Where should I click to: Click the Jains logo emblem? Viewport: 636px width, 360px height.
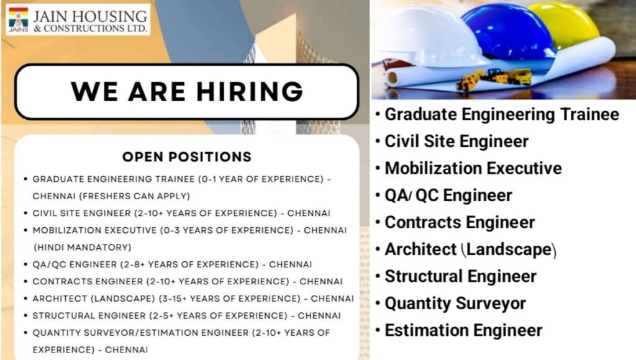18,20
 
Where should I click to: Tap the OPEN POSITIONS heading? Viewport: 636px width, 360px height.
186,156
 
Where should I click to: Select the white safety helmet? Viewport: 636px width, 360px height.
429,37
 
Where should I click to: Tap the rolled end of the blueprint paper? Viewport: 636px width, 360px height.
391,78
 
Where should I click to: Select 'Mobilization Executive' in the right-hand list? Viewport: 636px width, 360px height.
473,168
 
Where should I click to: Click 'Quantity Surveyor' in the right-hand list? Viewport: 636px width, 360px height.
455,304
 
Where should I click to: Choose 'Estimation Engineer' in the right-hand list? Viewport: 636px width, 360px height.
463,330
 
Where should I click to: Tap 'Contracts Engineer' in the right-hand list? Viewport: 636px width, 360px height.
460,222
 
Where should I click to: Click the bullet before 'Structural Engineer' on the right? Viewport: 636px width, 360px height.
378,277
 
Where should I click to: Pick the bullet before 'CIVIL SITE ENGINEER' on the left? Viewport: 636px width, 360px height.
25,214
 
